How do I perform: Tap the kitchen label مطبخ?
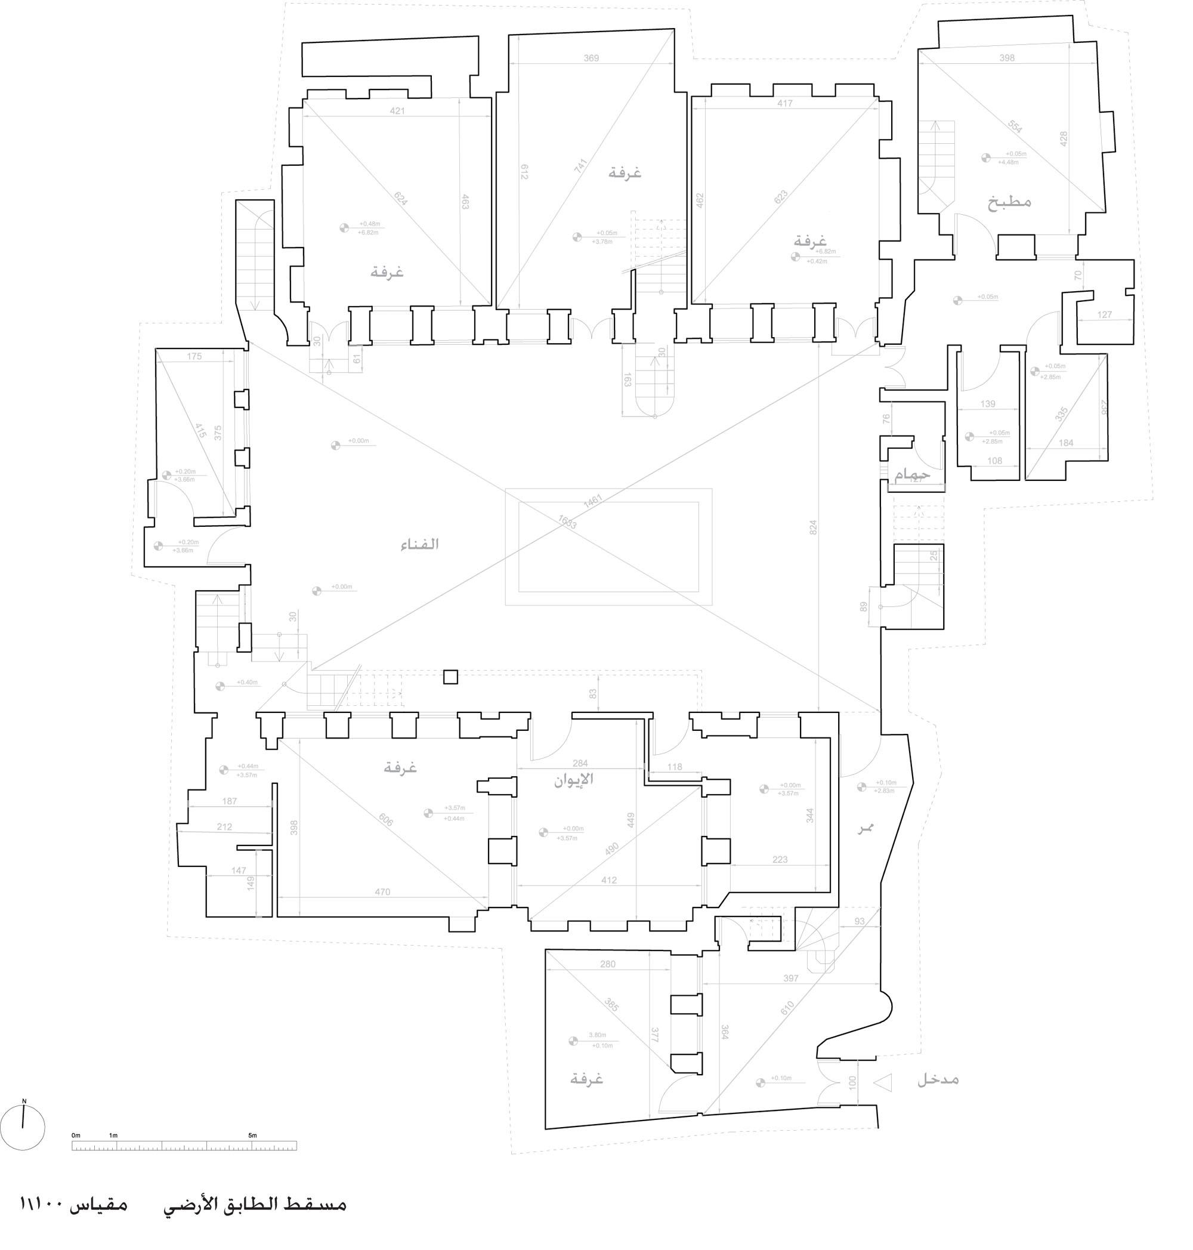[x=1009, y=202]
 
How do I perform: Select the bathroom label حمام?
[x=912, y=474]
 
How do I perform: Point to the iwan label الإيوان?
[x=574, y=779]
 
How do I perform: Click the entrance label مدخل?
[x=937, y=1079]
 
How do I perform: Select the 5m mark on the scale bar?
[x=252, y=1135]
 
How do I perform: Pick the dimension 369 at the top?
[x=591, y=58]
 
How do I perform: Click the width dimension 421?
[x=397, y=111]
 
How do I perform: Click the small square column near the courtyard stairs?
[x=450, y=677]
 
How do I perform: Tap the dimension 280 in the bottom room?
[x=607, y=964]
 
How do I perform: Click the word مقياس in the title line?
[x=101, y=1205]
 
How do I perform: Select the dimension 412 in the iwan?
[x=608, y=881]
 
